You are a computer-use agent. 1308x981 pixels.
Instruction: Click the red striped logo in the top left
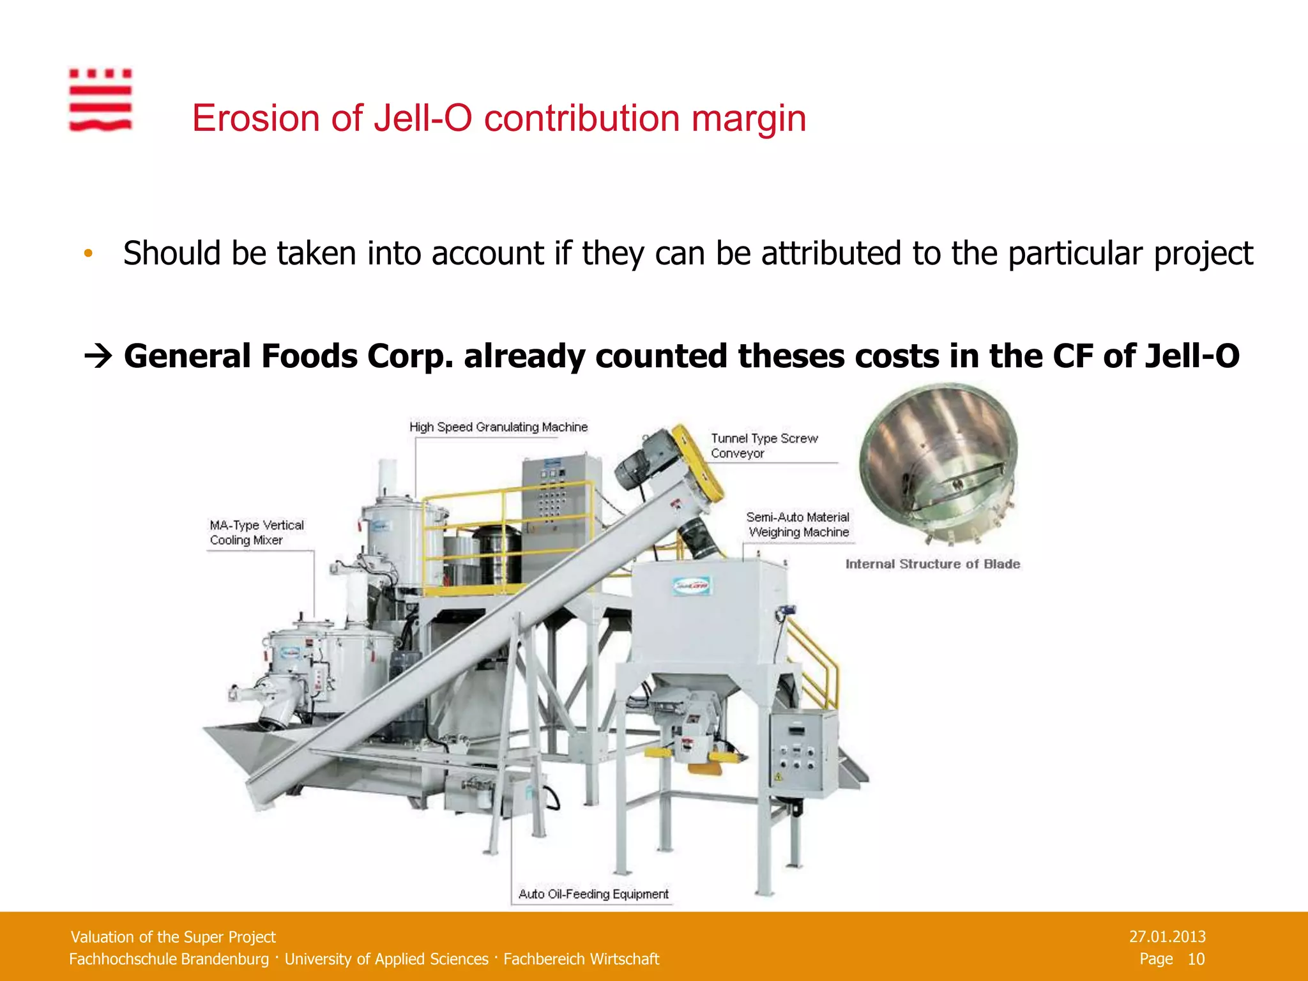(100, 100)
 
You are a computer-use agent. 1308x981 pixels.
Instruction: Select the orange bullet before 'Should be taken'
(88, 254)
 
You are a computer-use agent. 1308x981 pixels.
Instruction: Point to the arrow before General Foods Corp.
(98, 356)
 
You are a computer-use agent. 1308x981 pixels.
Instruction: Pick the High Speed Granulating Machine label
(498, 427)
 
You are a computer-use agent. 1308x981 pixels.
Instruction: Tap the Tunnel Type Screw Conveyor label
(764, 446)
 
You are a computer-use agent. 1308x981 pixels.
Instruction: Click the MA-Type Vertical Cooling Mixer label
(257, 533)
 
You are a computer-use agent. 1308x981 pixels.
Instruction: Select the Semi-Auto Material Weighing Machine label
(798, 524)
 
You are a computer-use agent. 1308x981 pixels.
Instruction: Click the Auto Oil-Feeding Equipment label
(593, 894)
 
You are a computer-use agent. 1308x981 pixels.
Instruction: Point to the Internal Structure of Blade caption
(932, 564)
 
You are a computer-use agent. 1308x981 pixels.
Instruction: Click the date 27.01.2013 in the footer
(1167, 936)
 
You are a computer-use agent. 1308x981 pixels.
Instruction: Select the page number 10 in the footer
(1196, 959)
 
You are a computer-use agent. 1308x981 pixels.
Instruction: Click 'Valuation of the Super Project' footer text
(173, 937)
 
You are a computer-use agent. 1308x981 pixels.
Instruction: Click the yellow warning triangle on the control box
(778, 777)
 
